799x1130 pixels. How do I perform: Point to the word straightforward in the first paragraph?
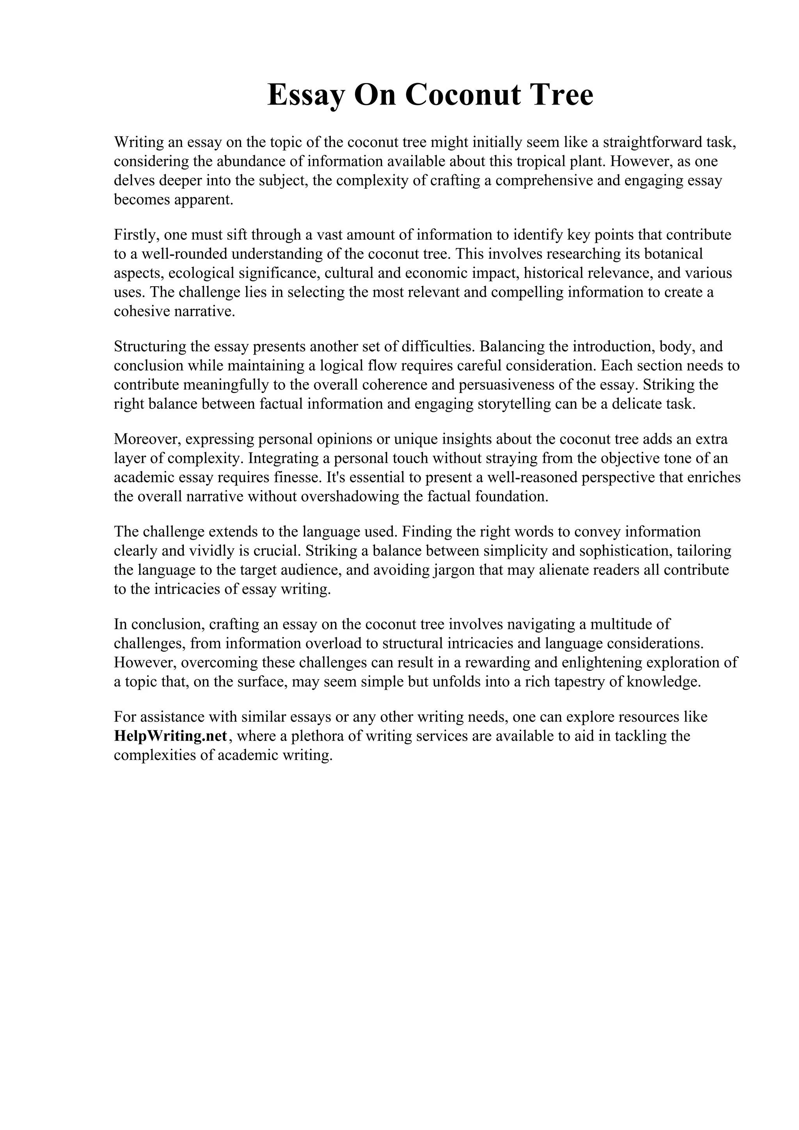click(x=645, y=142)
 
